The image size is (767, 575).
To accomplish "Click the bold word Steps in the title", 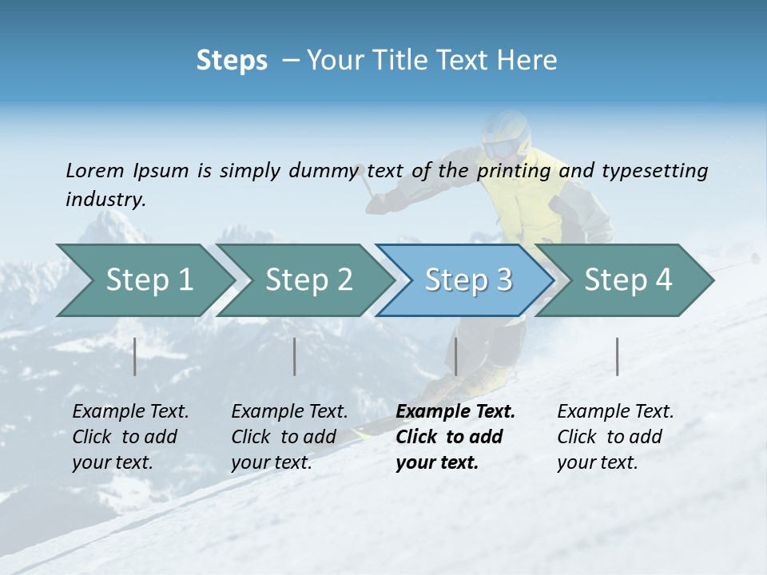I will pyautogui.click(x=232, y=61).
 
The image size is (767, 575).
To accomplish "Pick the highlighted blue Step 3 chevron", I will pyautogui.click(x=468, y=280).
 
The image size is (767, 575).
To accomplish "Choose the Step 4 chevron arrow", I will pyautogui.click(x=628, y=280).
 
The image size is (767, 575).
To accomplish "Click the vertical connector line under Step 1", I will pyautogui.click(x=135, y=356).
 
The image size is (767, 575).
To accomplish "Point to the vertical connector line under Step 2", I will pyautogui.click(x=295, y=356).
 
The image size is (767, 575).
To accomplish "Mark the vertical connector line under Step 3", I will pyautogui.click(x=455, y=356).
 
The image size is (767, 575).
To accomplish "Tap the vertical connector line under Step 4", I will pyautogui.click(x=617, y=356).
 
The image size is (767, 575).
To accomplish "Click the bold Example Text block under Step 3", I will pyautogui.click(x=455, y=437).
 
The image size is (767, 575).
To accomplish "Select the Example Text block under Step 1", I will pyautogui.click(x=130, y=437).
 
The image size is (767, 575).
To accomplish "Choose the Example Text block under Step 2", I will pyautogui.click(x=289, y=437).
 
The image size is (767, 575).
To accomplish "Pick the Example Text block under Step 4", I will pyautogui.click(x=615, y=437).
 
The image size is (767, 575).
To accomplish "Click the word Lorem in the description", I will pyautogui.click(x=95, y=170).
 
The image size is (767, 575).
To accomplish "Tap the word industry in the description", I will pyautogui.click(x=105, y=200).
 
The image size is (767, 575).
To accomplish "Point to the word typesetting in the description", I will pyautogui.click(x=654, y=171).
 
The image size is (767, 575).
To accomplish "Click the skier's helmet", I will pyautogui.click(x=506, y=134).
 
